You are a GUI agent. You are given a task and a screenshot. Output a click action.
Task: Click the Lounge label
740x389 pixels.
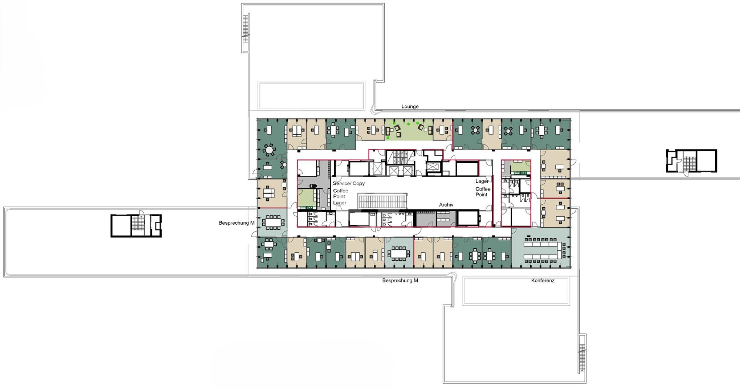410,107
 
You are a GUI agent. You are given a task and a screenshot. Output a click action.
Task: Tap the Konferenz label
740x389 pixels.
543,281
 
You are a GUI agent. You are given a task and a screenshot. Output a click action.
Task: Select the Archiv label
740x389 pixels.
446,205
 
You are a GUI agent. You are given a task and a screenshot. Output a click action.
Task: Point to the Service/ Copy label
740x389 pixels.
349,183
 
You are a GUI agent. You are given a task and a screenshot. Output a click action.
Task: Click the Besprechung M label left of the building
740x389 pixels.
236,223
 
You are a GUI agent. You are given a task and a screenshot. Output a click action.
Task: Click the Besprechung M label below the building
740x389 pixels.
400,281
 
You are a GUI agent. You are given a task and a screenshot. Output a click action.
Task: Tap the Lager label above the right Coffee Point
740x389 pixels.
482,181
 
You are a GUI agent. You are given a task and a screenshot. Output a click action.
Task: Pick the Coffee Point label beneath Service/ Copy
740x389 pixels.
340,194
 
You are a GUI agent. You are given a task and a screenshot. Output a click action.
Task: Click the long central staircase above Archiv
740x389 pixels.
382,201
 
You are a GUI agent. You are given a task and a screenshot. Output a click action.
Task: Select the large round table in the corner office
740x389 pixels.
269,150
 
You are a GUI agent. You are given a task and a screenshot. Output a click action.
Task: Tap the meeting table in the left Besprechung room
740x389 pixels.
273,222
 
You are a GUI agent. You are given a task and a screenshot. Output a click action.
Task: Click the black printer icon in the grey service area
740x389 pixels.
313,186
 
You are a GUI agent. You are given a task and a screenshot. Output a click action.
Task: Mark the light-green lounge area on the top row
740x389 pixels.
409,130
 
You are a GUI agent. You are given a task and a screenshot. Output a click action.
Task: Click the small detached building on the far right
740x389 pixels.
692,161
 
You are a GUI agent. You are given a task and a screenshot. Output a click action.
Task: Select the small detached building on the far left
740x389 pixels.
136,225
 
